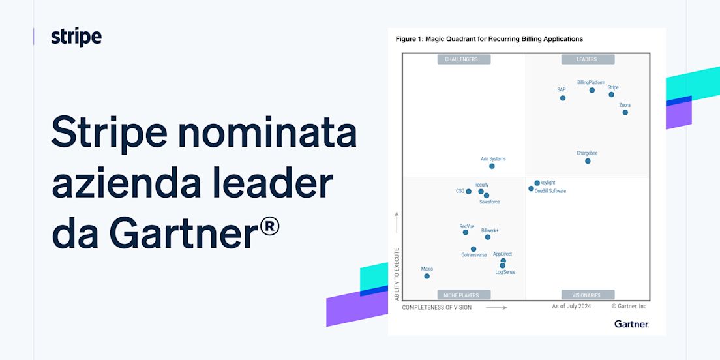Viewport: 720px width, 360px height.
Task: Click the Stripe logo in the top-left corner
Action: coord(76,37)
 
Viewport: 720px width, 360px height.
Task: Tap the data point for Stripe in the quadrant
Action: coord(611,95)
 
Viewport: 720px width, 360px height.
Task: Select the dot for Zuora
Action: coord(625,112)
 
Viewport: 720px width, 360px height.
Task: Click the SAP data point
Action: coord(562,98)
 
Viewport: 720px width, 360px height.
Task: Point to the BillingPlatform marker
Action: coord(592,90)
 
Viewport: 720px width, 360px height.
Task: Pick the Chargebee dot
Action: coord(588,160)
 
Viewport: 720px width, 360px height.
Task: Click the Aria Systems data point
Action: coord(492,166)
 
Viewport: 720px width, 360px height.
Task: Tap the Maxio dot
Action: coord(427,276)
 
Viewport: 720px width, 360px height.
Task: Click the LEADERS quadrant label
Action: coord(586,59)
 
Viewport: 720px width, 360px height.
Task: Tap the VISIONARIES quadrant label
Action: coord(586,295)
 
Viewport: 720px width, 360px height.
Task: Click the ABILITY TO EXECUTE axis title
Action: coord(397,274)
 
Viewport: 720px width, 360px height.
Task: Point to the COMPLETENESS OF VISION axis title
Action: coord(437,307)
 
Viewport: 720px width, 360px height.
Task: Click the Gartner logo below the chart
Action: coord(631,324)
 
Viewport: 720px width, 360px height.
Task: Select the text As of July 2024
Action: coord(571,306)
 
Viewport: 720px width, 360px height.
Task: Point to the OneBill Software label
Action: coord(550,191)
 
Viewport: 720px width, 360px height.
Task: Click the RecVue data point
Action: coord(465,232)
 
